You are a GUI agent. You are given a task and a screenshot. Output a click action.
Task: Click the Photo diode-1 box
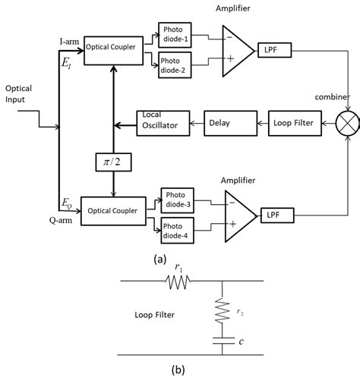click(176, 33)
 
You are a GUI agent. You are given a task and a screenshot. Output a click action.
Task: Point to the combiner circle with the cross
click(347, 120)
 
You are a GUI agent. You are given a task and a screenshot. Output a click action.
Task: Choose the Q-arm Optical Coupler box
click(113, 209)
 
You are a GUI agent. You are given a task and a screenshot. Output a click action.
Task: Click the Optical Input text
click(19, 95)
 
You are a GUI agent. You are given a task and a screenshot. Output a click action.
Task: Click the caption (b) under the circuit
click(178, 371)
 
